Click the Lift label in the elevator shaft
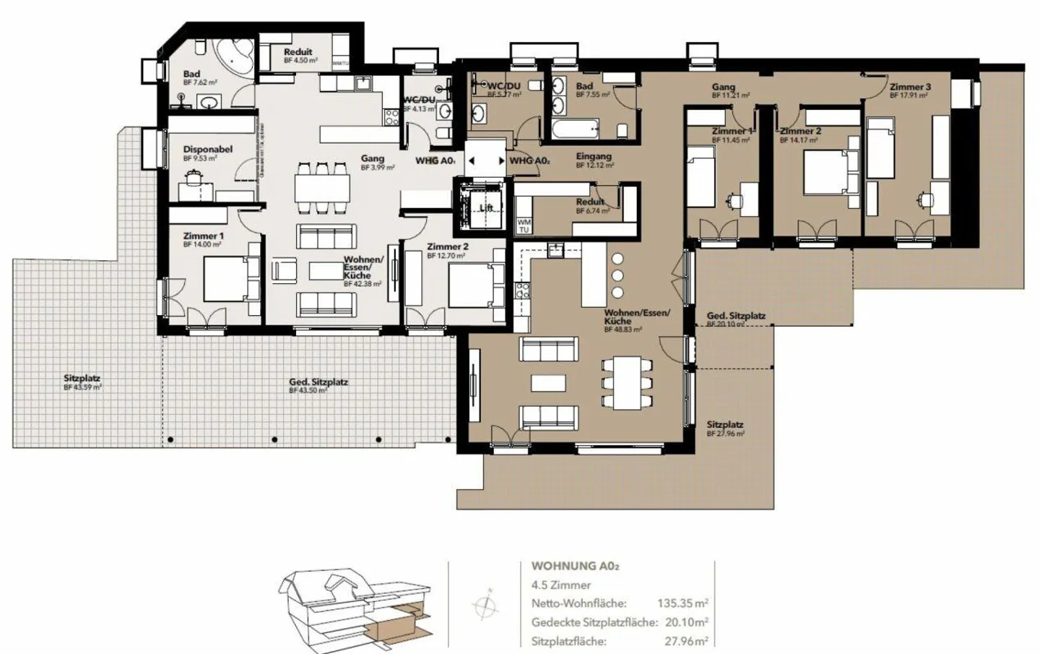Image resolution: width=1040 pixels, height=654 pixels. coord(486,208)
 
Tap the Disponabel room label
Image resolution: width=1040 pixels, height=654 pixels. coord(207,150)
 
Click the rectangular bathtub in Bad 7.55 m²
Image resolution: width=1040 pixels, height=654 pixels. coord(575,130)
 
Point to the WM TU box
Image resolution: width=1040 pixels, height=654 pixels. coord(524,225)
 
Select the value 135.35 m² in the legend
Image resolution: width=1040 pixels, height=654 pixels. coord(682,603)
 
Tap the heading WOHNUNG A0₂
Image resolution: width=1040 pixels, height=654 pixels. coord(575,567)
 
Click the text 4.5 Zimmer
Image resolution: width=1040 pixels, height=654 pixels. coord(560,585)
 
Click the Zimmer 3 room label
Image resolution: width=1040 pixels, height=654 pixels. coord(909,87)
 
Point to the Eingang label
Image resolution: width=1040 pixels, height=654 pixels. coord(594,156)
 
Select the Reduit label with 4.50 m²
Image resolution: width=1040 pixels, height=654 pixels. coord(298,52)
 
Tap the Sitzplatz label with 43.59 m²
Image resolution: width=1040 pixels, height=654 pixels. coord(82,379)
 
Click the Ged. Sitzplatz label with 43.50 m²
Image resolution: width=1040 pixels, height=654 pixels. coord(318,382)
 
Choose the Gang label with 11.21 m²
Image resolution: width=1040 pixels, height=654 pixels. coord(723,87)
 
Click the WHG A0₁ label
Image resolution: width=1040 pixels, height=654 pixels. coord(435,160)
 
